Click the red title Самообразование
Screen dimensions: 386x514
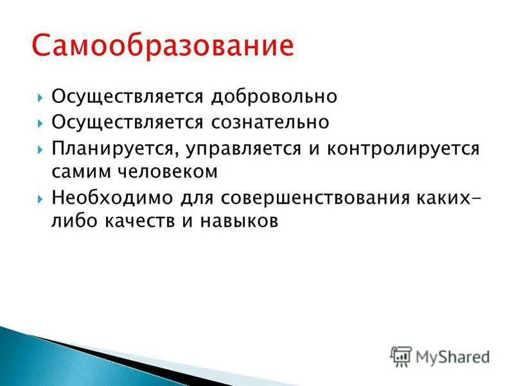163,46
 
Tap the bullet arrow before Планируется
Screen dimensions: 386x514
40,148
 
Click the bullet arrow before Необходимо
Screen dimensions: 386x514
40,197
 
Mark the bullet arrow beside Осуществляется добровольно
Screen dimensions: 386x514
40,98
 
